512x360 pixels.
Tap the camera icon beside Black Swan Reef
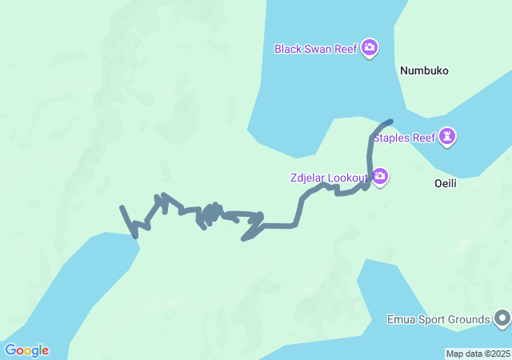click(370, 48)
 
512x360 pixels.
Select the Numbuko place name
click(424, 70)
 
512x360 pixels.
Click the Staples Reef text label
click(405, 138)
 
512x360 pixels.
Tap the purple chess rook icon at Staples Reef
click(448, 137)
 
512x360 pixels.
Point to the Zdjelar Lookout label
click(329, 178)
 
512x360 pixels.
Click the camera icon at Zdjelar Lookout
click(380, 177)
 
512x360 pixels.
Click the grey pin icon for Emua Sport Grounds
click(502, 319)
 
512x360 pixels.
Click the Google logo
click(26, 350)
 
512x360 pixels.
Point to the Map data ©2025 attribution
click(478, 354)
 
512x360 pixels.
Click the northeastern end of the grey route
click(390, 122)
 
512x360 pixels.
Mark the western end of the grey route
click(122, 208)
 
